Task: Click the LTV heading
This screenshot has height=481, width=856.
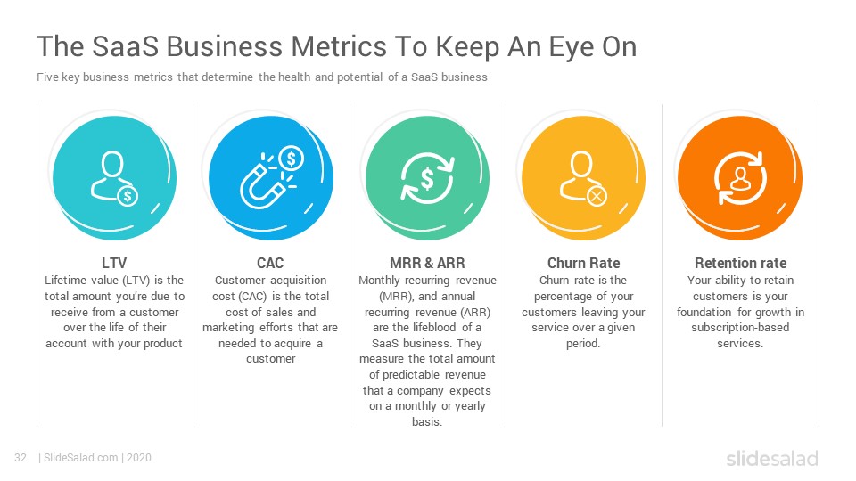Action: [x=114, y=263]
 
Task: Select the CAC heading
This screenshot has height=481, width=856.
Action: [x=270, y=263]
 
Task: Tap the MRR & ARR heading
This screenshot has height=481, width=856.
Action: [x=427, y=263]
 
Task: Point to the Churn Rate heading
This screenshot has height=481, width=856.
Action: [x=583, y=263]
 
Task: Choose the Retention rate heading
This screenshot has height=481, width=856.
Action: [x=740, y=263]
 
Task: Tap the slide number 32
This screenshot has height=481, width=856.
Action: [x=21, y=458]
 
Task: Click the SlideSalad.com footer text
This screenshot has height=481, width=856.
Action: [x=81, y=458]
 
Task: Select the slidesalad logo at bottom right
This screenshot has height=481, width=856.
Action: [x=771, y=458]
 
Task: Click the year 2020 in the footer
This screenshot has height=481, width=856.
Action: [x=139, y=458]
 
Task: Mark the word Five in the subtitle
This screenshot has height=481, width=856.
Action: [x=48, y=77]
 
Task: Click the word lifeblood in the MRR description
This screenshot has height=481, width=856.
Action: [x=429, y=328]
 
